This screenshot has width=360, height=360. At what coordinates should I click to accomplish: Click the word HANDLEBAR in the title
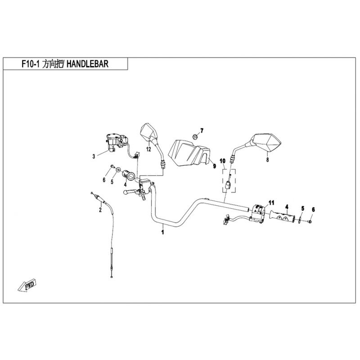coord(87,63)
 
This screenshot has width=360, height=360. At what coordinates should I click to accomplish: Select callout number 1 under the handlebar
coord(162,232)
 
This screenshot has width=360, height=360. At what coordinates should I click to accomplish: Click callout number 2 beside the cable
coord(100,210)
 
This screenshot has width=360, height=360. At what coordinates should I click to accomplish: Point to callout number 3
coord(94,157)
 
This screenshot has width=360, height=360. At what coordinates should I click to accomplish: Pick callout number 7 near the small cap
coord(202,131)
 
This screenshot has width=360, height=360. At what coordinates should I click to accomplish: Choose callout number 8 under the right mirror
coord(267,159)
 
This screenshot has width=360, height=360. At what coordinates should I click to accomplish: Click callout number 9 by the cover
coord(214,166)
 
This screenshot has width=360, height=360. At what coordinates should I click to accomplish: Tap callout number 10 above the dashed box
coord(223,161)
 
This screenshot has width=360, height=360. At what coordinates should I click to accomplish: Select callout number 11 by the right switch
coord(271,202)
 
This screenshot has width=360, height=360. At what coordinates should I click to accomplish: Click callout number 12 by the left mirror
coord(148,149)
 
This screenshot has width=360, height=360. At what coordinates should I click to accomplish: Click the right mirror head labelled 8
coord(266,142)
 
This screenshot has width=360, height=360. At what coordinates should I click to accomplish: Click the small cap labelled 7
coord(195,136)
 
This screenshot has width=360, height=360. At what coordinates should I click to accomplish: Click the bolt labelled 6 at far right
coord(310,221)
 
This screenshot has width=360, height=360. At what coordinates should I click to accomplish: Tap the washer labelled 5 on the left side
coord(118,170)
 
